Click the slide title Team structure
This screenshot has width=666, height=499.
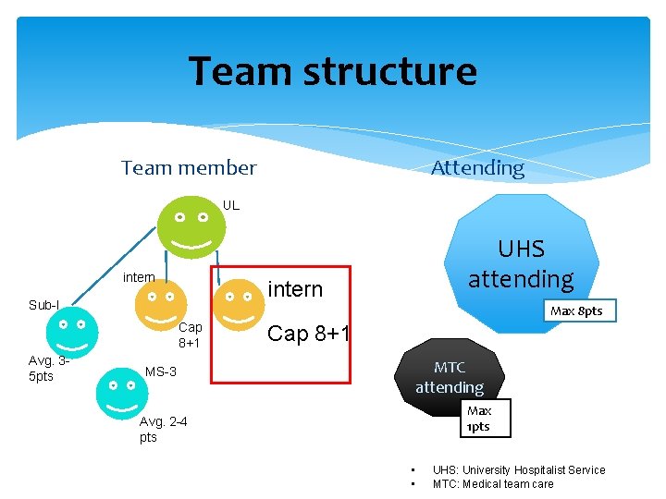(x=333, y=71)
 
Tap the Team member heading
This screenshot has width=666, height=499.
(x=189, y=168)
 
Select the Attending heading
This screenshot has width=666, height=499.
(x=477, y=168)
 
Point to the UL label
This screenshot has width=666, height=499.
(x=231, y=205)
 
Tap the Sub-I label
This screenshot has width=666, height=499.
(x=43, y=305)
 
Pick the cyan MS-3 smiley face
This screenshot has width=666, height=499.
(x=122, y=392)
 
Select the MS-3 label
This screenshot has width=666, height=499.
(x=161, y=372)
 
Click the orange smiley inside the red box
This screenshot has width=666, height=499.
(x=240, y=305)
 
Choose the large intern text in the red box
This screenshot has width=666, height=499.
(x=295, y=289)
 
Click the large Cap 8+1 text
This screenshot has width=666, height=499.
(x=308, y=334)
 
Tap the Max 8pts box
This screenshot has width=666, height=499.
(x=576, y=310)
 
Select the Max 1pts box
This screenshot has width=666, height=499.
(x=479, y=419)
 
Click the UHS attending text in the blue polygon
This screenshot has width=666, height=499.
(x=521, y=263)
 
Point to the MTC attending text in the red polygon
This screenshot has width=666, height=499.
(x=450, y=378)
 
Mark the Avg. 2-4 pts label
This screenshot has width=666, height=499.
(x=163, y=429)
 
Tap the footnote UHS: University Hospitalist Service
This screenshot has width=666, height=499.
(x=518, y=470)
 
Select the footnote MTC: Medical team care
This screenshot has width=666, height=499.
(x=493, y=484)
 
